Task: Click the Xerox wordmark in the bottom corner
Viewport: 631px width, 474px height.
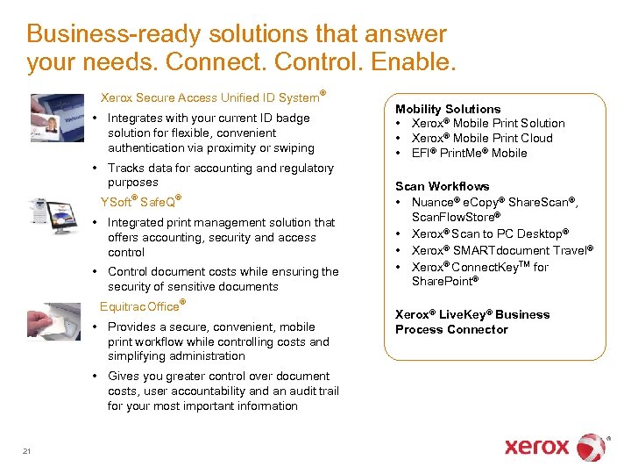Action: tap(536, 447)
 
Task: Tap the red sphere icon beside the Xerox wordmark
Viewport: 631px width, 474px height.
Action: tap(592, 447)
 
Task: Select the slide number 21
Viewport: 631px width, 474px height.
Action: tap(27, 451)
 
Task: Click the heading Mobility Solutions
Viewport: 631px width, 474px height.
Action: tap(448, 109)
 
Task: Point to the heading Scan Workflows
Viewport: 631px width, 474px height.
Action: tap(442, 186)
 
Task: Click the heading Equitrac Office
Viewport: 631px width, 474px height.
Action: tap(140, 306)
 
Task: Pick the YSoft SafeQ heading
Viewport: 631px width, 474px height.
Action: tap(140, 202)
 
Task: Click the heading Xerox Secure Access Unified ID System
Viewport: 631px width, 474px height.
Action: tap(210, 97)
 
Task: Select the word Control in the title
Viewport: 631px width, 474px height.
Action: tap(308, 62)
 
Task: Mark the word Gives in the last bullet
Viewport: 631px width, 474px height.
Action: tap(124, 376)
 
